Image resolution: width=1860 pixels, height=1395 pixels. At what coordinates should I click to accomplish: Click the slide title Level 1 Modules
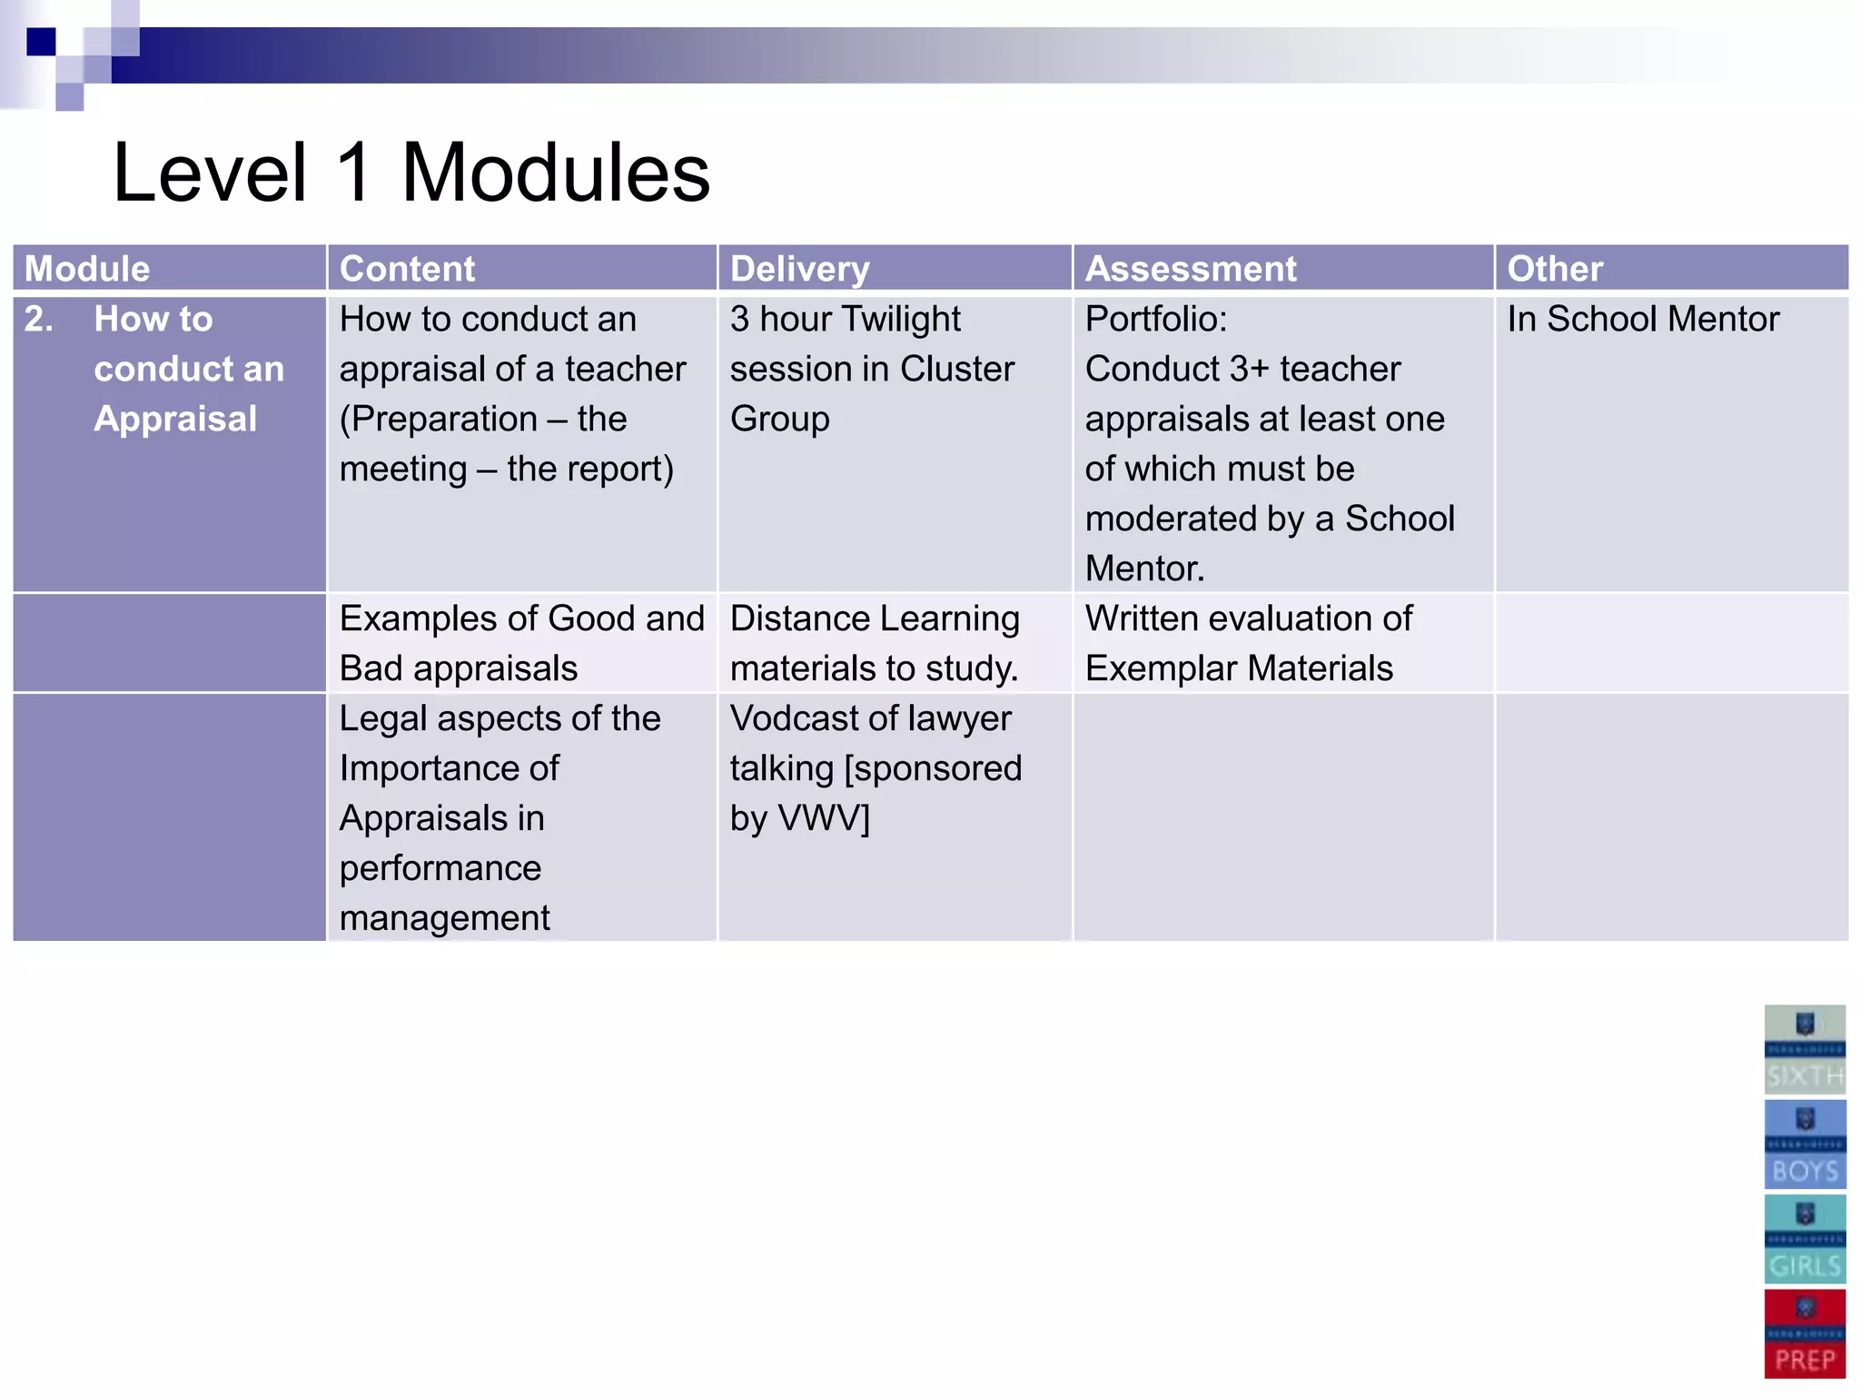411,173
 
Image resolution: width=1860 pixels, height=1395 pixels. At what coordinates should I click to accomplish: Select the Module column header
87,269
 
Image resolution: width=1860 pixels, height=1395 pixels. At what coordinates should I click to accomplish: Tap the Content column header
407,269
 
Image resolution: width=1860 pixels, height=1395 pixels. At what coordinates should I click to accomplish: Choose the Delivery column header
799,269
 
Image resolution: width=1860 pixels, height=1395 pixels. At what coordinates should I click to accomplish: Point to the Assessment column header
1191,269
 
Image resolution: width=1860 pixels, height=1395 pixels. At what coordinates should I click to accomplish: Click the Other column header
1555,269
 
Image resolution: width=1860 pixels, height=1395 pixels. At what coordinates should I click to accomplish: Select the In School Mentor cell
1642,319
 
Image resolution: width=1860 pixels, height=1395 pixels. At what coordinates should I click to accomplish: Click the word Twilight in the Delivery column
900,319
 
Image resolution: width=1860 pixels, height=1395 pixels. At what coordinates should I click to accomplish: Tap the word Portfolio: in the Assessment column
1155,319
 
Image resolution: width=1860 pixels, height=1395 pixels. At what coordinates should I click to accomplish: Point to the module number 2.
39,319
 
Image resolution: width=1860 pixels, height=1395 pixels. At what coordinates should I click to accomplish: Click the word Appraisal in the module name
175,419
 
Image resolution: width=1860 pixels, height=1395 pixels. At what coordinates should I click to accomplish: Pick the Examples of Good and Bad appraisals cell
520,643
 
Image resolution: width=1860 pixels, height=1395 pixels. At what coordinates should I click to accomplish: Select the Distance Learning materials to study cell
875,643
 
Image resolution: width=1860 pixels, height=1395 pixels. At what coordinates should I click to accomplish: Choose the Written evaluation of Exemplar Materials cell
1248,643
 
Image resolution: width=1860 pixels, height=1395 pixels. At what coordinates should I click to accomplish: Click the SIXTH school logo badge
1805,1049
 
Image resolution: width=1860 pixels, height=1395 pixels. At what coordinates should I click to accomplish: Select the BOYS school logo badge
1805,1144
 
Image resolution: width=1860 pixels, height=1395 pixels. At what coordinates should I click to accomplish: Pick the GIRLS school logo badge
1805,1239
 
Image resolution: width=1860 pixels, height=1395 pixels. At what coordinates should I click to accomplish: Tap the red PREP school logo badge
1805,1333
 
